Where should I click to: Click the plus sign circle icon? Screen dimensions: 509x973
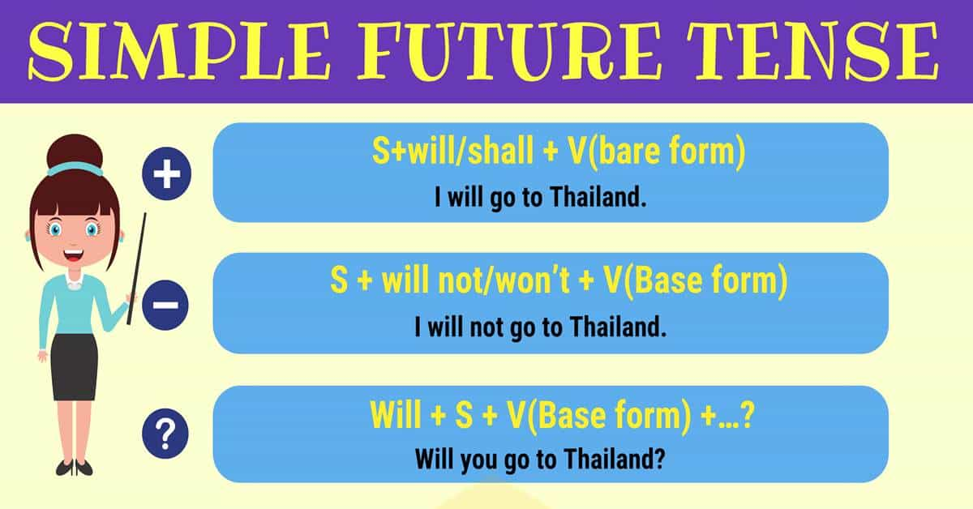166,175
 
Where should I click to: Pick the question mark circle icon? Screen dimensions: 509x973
165,436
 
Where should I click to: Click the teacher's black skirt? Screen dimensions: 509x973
75,365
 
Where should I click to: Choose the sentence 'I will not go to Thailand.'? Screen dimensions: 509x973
540,327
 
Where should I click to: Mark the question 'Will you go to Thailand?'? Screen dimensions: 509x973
540,459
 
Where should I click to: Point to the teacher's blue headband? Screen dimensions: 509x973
75,169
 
